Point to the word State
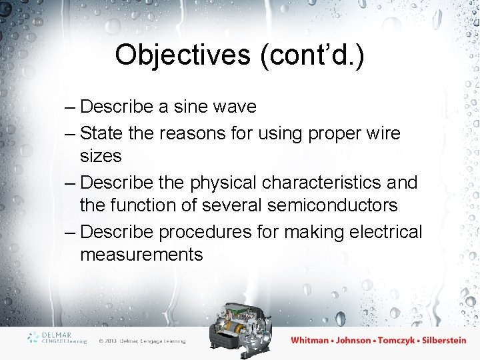click(101, 133)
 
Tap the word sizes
click(101, 156)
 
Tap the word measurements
click(141, 255)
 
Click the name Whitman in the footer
click(310, 340)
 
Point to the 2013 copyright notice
click(142, 341)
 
